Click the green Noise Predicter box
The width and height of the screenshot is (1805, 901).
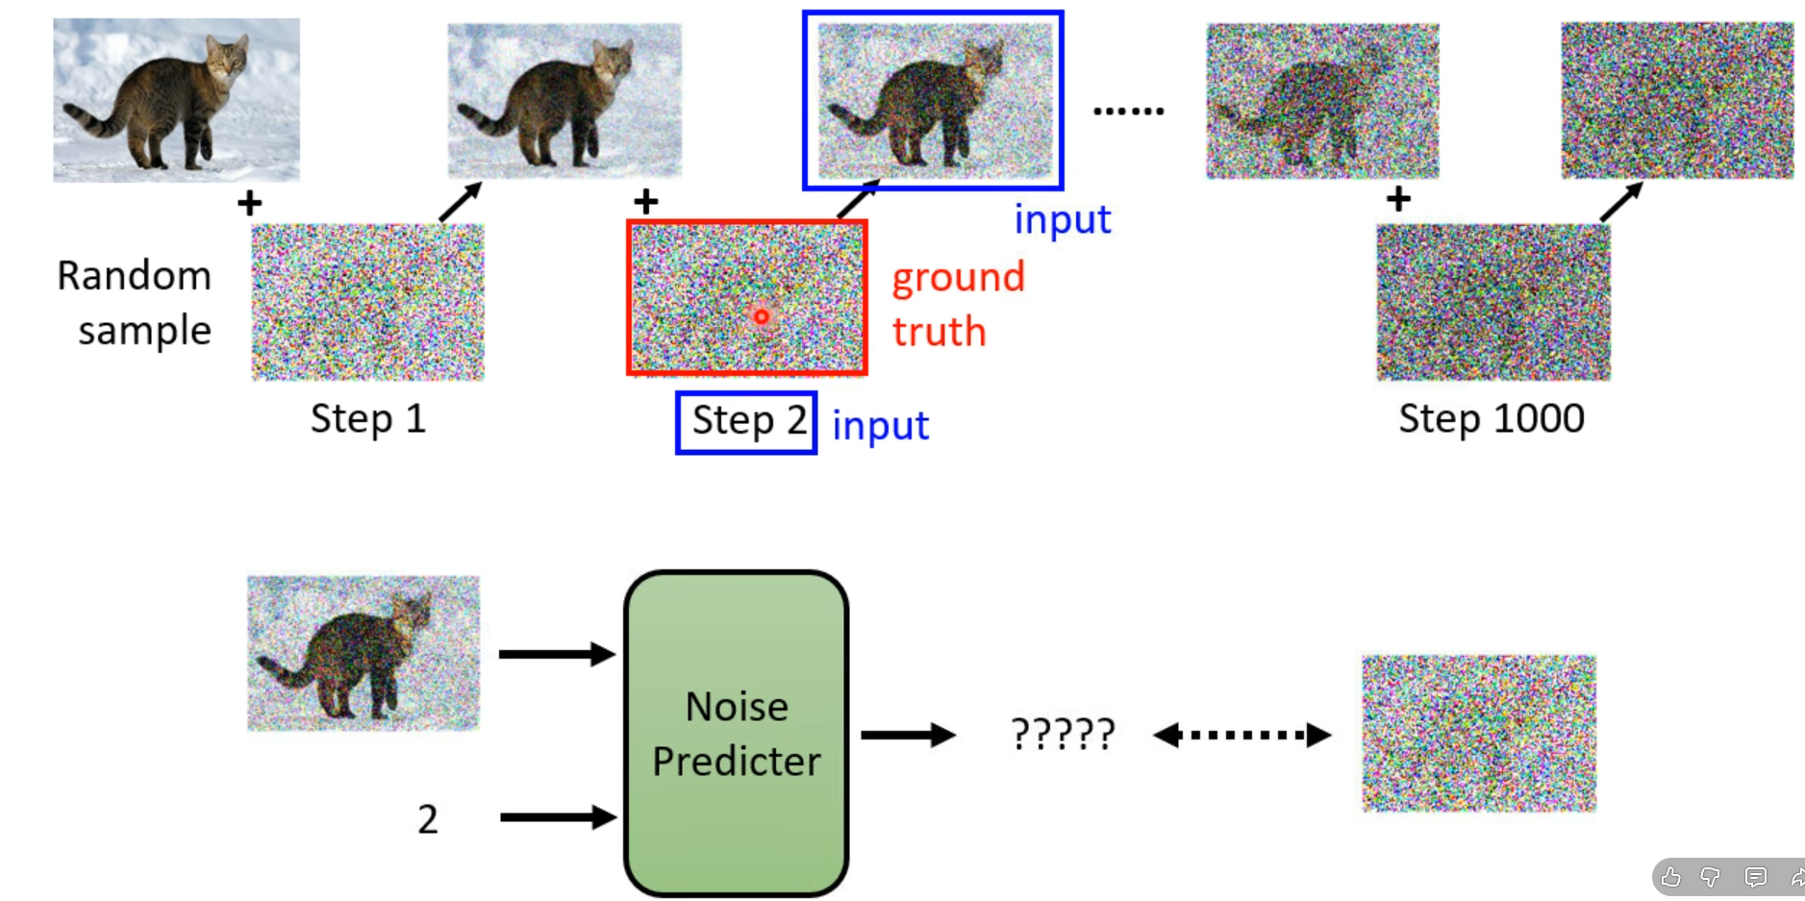736,734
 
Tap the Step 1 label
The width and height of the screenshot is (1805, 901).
367,419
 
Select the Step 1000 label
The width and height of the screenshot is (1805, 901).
1491,419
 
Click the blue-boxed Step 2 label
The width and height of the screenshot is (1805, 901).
747,422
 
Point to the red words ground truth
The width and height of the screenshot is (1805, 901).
957,304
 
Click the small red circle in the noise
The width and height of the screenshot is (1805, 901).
762,316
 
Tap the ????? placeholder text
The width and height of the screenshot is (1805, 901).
1063,736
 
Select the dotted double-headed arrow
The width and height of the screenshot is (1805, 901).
1241,736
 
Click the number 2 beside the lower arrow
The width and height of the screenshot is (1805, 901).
428,819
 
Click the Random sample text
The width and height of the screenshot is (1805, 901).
135,303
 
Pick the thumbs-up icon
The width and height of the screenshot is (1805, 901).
1671,877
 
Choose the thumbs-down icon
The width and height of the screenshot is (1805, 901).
1711,877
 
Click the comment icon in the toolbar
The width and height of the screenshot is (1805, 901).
1755,877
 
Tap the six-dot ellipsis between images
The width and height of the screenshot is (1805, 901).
1129,112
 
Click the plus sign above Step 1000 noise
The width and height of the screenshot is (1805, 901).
1398,199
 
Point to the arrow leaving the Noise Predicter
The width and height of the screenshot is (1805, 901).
907,736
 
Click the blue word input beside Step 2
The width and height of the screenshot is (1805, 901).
880,426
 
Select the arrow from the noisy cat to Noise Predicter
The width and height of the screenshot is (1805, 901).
556,655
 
